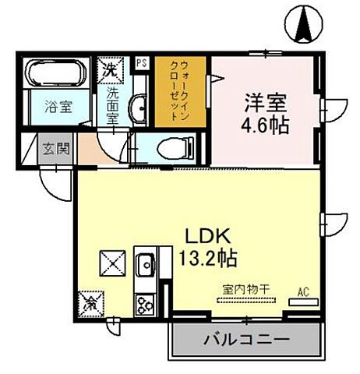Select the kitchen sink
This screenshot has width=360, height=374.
(144, 267)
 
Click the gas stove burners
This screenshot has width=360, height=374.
(145, 302)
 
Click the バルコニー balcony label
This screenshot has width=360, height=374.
(245, 340)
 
